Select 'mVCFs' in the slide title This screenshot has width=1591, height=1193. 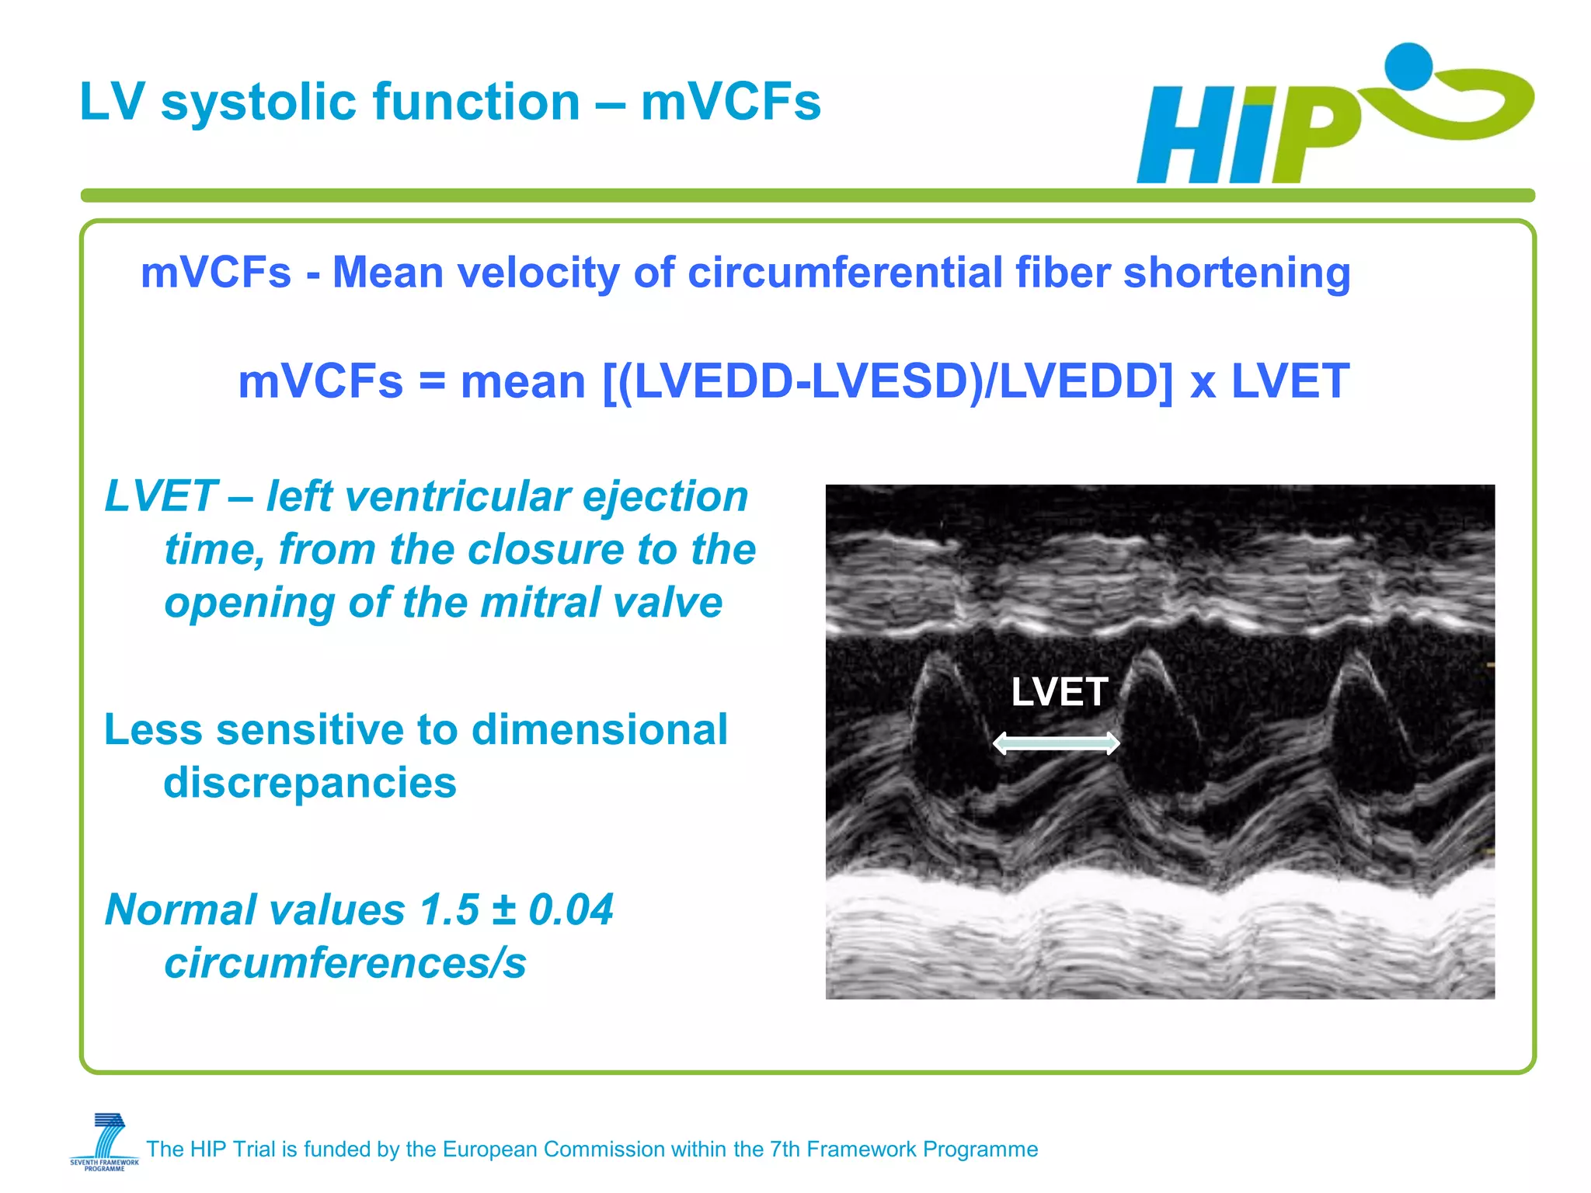pos(730,103)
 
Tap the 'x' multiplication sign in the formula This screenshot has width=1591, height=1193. pos(1203,384)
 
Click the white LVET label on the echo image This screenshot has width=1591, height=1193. pos(1059,691)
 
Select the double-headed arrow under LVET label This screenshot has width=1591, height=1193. pos(1057,743)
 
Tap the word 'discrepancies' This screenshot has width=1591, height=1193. pos(310,782)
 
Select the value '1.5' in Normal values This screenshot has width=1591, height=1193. pos(449,910)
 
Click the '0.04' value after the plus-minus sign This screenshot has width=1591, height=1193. pos(571,910)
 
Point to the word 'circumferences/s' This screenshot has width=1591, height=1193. pos(345,963)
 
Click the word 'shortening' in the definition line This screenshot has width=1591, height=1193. pos(1237,273)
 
